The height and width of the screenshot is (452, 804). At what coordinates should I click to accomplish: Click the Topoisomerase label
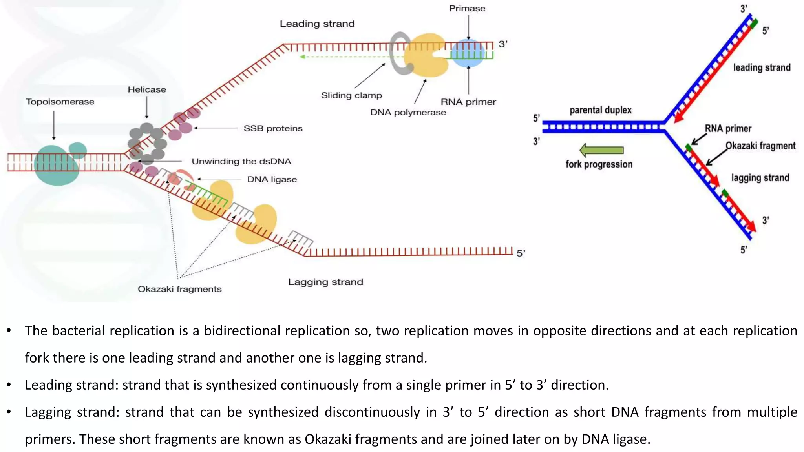click(60, 102)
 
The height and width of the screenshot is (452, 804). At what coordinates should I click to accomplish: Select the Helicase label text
click(146, 89)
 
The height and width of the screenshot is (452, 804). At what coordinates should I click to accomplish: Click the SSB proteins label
click(273, 128)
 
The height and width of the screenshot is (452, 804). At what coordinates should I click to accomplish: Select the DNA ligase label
click(272, 179)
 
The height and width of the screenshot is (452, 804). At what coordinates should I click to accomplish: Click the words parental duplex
click(600, 110)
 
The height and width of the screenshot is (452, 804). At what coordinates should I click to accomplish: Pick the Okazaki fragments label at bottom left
click(179, 289)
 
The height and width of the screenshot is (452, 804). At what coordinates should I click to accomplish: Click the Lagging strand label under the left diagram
click(325, 282)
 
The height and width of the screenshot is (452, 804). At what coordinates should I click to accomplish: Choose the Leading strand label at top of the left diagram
click(317, 24)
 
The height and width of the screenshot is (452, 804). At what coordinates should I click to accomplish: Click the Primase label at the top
click(467, 8)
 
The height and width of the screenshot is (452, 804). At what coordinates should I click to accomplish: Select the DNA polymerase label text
click(408, 112)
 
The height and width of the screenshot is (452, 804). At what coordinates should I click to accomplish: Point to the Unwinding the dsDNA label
click(241, 161)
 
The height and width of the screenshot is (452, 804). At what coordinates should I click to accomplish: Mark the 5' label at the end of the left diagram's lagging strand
click(521, 253)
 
